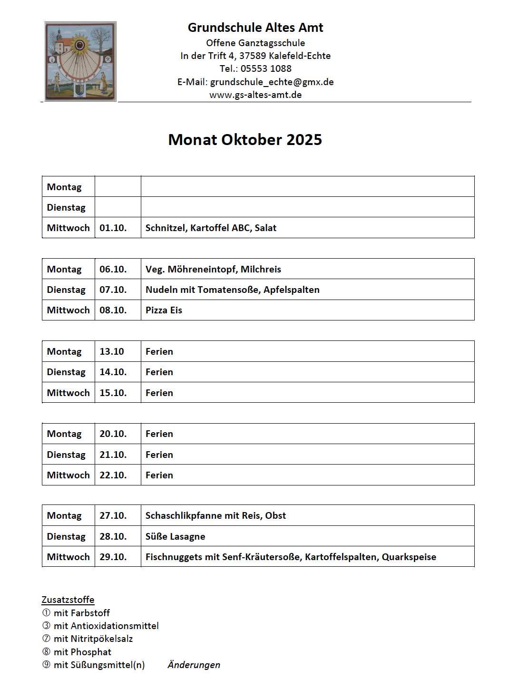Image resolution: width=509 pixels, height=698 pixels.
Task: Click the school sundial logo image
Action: pos(80,61)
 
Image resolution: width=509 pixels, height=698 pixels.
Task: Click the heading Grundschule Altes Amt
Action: pos(255,28)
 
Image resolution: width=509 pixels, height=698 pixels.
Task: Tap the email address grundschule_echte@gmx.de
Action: pos(272,82)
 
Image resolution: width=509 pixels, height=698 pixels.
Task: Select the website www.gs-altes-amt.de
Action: pos(255,95)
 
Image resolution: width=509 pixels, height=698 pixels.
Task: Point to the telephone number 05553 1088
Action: pos(266,68)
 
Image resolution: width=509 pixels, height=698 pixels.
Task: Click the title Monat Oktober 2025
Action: pos(245,140)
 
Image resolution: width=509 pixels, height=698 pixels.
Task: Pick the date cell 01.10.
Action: pos(113,228)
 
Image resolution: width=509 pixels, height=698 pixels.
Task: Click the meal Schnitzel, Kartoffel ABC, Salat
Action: pos(211,228)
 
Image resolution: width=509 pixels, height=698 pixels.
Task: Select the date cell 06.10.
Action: pos(113,269)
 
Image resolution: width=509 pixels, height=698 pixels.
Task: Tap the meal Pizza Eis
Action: pos(164,310)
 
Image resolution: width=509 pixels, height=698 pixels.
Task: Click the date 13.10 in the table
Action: pos(112,351)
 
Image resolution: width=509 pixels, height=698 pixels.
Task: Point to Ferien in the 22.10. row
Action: pos(159,475)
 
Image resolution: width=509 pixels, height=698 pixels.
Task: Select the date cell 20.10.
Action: pos(113,434)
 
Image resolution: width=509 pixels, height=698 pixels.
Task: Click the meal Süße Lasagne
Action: pos(175,536)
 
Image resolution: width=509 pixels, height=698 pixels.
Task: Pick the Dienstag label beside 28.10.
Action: pos(66,536)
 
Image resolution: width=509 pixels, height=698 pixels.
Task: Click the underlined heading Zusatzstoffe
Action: pos(68,600)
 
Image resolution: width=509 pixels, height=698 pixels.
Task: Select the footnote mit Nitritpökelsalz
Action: pos(93,639)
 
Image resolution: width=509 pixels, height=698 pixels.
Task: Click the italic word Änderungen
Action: pos(194,665)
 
